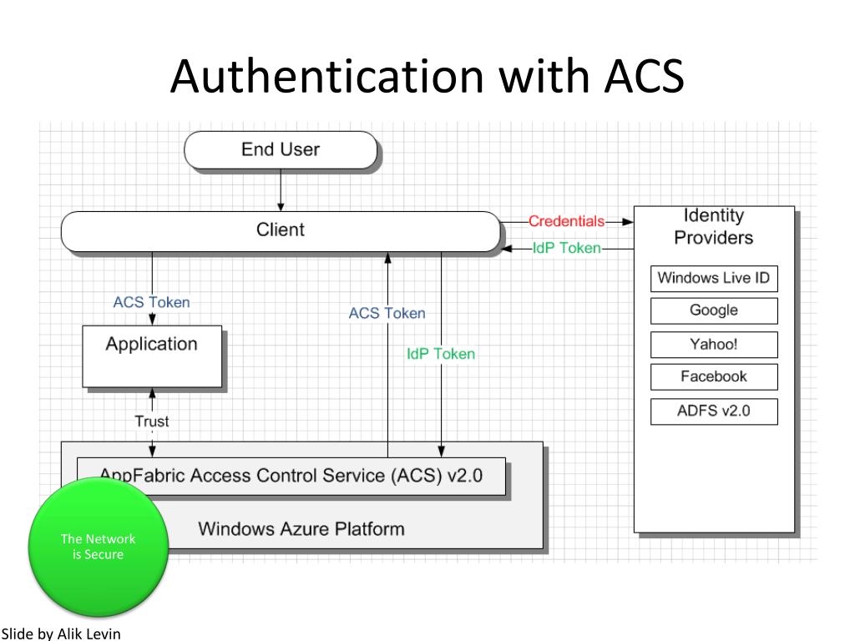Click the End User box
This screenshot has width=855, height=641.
point(281,150)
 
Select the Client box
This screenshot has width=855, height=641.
point(281,231)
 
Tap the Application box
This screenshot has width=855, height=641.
point(152,356)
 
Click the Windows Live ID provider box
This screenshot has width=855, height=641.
point(714,279)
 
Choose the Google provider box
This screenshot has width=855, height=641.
point(714,310)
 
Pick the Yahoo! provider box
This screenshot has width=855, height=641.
point(714,345)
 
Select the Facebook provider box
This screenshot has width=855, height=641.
point(714,376)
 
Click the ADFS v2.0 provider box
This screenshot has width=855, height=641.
point(714,411)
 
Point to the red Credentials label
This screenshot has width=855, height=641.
point(567,221)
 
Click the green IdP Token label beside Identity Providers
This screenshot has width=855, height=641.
point(567,248)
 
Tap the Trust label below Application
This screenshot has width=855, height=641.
point(152,421)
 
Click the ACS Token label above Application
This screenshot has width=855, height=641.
point(152,302)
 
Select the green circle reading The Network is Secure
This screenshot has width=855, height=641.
point(99,547)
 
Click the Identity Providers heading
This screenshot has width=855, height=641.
point(714,227)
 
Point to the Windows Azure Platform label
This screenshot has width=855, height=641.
point(301,528)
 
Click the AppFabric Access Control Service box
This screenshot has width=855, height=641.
point(291,477)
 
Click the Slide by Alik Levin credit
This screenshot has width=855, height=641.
point(60,634)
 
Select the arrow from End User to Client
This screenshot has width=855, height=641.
point(281,190)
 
